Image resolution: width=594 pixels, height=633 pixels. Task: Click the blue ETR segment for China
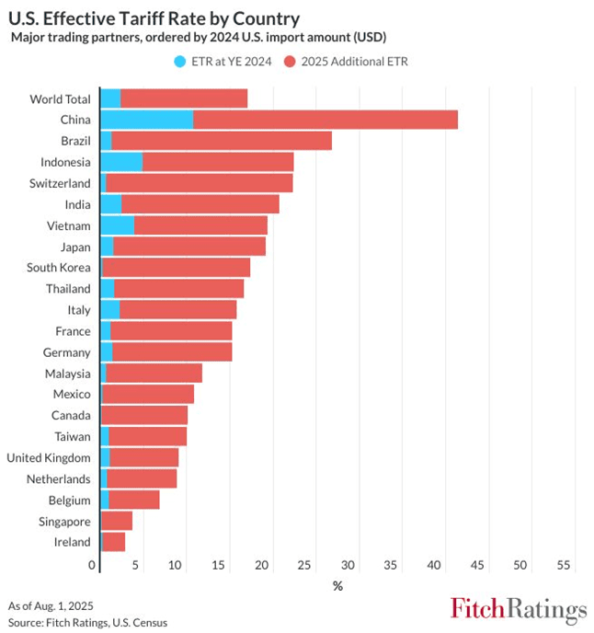[146, 120]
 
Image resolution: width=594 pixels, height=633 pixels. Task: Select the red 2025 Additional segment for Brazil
[221, 141]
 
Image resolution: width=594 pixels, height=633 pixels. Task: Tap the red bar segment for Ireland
[113, 542]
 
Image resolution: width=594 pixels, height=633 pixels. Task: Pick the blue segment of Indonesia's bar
[121, 162]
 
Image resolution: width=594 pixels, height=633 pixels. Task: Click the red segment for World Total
[184, 98]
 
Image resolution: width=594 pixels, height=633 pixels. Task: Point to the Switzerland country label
[60, 183]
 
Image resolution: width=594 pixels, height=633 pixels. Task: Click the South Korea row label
[59, 268]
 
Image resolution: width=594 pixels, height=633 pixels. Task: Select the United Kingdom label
[49, 458]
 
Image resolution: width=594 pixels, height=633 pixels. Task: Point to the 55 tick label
[564, 564]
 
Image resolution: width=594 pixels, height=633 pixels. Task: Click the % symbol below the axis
[337, 586]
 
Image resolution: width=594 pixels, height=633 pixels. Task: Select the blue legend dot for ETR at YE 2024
[180, 61]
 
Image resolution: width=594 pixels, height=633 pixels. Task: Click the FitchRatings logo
[518, 609]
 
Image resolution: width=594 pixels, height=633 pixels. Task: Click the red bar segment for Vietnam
[200, 225]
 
